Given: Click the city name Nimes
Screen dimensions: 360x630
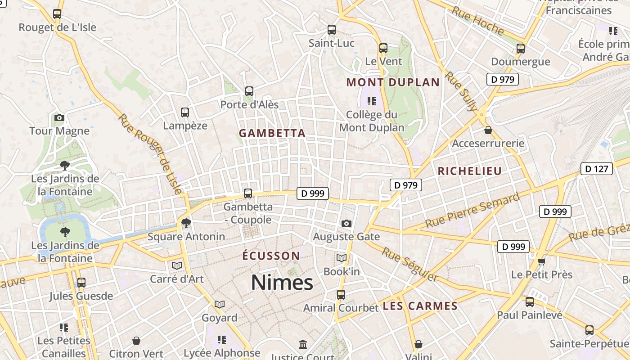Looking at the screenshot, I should (282, 283).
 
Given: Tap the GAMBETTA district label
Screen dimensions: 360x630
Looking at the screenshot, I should (272, 133).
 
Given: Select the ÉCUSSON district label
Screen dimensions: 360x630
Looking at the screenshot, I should (271, 256).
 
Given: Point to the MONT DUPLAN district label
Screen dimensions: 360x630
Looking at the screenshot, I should (393, 82).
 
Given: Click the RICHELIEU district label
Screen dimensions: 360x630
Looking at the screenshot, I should (469, 171).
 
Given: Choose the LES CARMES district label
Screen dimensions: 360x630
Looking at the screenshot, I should (420, 306).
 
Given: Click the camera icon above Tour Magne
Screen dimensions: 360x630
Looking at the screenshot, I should (59, 118).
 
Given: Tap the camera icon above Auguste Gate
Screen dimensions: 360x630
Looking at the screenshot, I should (346, 223).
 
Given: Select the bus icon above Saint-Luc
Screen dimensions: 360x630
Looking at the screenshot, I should (332, 30).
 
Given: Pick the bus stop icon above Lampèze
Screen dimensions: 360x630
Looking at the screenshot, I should (185, 112).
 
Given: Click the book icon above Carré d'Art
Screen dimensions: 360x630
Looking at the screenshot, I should (177, 265).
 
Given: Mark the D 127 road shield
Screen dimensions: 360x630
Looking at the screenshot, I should (597, 169).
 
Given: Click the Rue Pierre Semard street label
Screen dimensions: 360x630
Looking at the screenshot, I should (472, 210).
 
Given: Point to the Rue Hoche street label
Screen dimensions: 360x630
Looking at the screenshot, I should (477, 21).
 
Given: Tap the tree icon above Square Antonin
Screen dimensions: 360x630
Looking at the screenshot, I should (186, 223).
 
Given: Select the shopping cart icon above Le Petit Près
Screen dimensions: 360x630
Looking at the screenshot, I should (541, 261).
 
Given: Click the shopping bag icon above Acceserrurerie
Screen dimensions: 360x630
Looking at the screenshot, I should (488, 130).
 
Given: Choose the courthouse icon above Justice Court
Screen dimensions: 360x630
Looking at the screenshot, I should (303, 345).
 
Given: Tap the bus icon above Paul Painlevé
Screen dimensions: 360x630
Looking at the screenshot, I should (530, 301).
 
